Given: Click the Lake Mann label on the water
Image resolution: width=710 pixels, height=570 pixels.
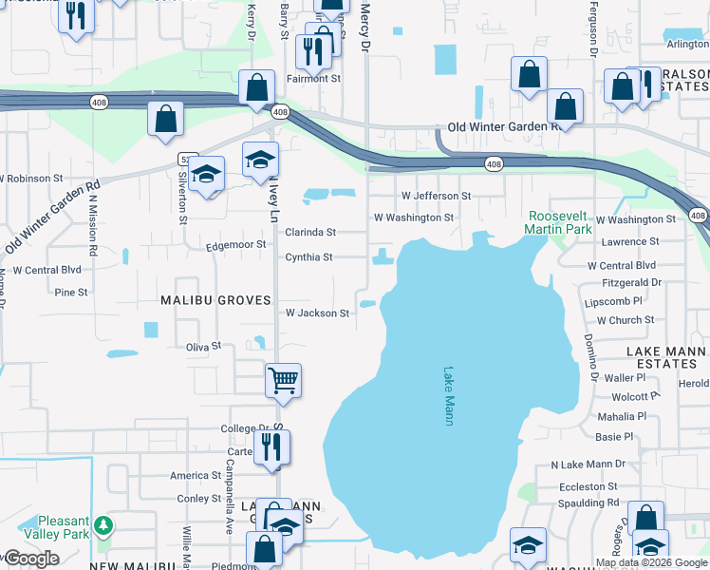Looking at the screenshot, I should click(x=449, y=396).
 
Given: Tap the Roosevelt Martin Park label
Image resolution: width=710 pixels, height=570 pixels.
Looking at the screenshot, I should click(x=560, y=222).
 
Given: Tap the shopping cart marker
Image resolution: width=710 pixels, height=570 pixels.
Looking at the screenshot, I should click(x=283, y=382).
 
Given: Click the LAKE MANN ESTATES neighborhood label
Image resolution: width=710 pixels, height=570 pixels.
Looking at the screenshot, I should click(x=665, y=357).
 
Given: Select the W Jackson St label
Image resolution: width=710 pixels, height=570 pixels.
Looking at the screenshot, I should click(x=318, y=313).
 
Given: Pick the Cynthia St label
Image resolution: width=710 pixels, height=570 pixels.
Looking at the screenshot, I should click(x=309, y=257).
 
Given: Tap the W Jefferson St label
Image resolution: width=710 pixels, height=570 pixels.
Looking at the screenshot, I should click(x=436, y=196).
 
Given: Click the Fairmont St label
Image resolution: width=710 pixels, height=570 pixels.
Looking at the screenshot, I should click(x=314, y=79).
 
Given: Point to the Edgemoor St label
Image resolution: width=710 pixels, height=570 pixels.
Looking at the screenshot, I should click(x=236, y=246).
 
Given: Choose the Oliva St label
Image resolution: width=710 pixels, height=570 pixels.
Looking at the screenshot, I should click(x=203, y=347).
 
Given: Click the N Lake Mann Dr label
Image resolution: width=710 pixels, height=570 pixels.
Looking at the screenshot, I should click(x=588, y=465).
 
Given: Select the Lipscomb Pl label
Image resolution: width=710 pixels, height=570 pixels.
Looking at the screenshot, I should click(x=614, y=300).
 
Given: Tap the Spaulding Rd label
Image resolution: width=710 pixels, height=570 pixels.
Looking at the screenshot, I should click(x=589, y=503).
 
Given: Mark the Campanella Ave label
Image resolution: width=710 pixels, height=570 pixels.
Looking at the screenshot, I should click(x=230, y=484).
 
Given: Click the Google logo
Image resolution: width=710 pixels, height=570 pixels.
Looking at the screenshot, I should click(x=32, y=559).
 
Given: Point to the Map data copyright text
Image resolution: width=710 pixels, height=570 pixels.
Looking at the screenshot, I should click(x=650, y=562).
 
